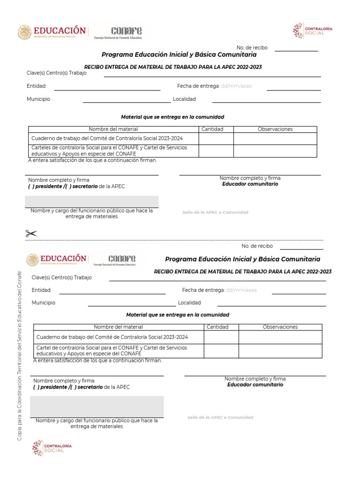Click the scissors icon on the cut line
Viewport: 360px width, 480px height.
click(x=31, y=233)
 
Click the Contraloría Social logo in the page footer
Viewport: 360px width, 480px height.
click(x=52, y=448)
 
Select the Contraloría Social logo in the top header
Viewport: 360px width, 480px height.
click(x=313, y=31)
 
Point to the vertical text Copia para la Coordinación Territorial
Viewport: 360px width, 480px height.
click(x=20, y=361)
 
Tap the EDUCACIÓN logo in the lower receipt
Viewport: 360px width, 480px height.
click(x=57, y=260)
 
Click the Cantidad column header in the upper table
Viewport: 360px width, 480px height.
click(x=212, y=129)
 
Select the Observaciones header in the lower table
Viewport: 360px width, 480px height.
click(x=280, y=327)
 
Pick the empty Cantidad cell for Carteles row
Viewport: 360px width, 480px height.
click(x=216, y=151)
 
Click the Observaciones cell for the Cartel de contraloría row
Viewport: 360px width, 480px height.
click(x=280, y=351)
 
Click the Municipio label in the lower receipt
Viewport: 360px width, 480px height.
click(x=44, y=303)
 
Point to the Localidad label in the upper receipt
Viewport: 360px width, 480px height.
click(x=184, y=99)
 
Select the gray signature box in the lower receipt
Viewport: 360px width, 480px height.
click(x=97, y=406)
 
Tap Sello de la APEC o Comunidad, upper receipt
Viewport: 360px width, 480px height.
click(x=215, y=212)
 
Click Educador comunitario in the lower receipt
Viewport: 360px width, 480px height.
click(x=255, y=385)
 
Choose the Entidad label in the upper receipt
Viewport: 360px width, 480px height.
click(x=37, y=86)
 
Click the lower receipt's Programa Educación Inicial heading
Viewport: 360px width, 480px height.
click(x=242, y=259)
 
